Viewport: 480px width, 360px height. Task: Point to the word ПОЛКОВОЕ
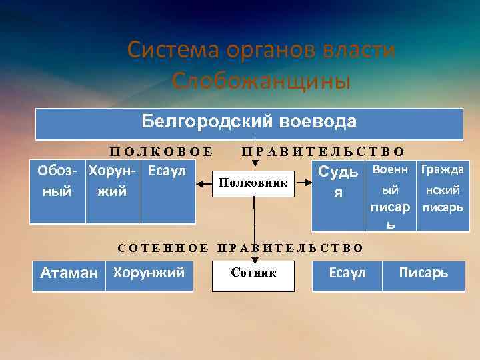click(162, 151)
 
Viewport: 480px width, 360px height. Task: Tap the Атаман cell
click(69, 273)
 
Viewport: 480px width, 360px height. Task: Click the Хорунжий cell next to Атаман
click(149, 273)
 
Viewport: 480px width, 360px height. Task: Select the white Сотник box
click(253, 273)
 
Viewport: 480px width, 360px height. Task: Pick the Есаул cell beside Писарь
click(347, 273)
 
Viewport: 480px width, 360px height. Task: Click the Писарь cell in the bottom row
click(423, 273)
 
